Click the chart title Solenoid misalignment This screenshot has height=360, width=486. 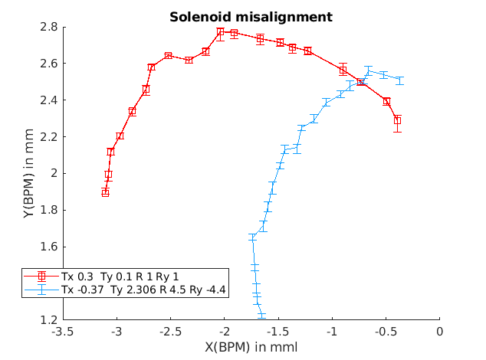(251, 16)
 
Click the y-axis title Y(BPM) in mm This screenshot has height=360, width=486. (28, 173)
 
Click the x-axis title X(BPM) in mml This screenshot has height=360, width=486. (251, 347)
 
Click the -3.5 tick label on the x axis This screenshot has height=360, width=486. (63, 332)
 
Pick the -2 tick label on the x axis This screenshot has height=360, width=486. (225, 332)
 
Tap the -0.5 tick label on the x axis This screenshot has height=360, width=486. (386, 332)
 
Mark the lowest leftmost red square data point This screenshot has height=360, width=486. (105, 192)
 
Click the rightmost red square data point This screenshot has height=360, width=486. (397, 120)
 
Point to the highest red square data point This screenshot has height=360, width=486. (220, 31)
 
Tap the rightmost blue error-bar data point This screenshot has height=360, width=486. (399, 80)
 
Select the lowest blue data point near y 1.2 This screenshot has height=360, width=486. (261, 315)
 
